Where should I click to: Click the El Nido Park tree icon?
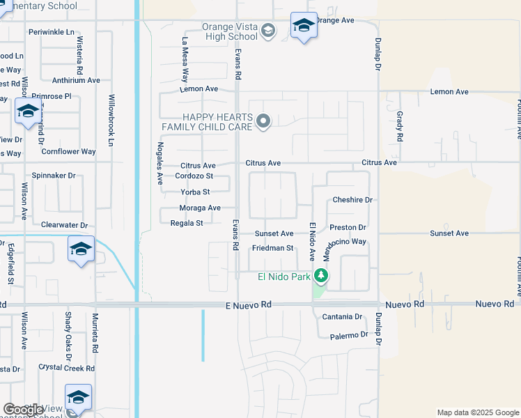click(321, 277)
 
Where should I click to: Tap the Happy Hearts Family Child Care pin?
click(263, 122)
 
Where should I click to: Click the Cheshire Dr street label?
click(352, 200)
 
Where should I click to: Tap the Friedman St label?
click(272, 248)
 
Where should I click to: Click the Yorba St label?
click(195, 192)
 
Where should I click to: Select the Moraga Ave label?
click(200, 208)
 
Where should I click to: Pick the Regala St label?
click(187, 223)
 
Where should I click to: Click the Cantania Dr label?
click(342, 317)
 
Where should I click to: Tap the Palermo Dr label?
click(349, 335)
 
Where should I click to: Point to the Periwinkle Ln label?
click(52, 32)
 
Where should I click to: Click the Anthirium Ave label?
click(76, 80)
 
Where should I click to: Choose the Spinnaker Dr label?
click(54, 176)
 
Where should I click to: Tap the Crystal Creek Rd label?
click(66, 368)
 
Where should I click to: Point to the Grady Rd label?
click(400, 126)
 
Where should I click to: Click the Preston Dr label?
click(348, 227)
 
